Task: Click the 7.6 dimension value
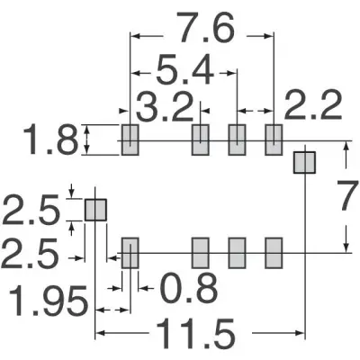pyautogui.click(x=205, y=27)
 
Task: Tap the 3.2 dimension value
pyautogui.click(x=165, y=106)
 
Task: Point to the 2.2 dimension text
pyautogui.click(x=313, y=105)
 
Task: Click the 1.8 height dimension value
pyautogui.click(x=49, y=139)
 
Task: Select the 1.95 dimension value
pyautogui.click(x=48, y=301)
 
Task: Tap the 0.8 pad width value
pyautogui.click(x=189, y=288)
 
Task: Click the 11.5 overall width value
pyautogui.click(x=194, y=334)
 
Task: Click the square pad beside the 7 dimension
pyautogui.click(x=304, y=162)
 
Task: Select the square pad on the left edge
pyautogui.click(x=95, y=210)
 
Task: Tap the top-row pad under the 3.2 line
pyautogui.click(x=200, y=139)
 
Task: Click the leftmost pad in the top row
pyautogui.click(x=130, y=139)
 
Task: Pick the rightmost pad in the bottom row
pyautogui.click(x=274, y=253)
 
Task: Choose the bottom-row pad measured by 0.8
pyautogui.click(x=130, y=253)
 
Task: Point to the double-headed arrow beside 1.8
pyautogui.click(x=86, y=139)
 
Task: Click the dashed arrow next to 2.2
pyautogui.click(x=256, y=111)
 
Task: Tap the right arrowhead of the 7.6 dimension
pyautogui.click(x=269, y=36)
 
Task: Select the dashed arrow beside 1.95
pyautogui.click(x=112, y=310)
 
